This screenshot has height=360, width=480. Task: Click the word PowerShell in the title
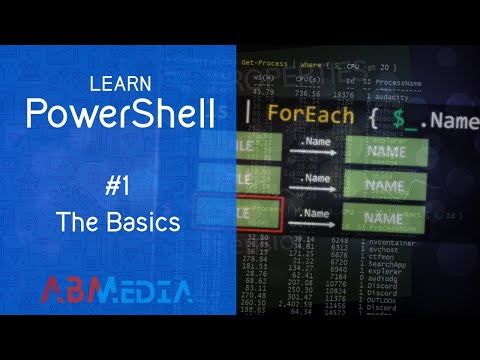[x=119, y=113]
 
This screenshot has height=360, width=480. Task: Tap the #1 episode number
[x=119, y=184]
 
